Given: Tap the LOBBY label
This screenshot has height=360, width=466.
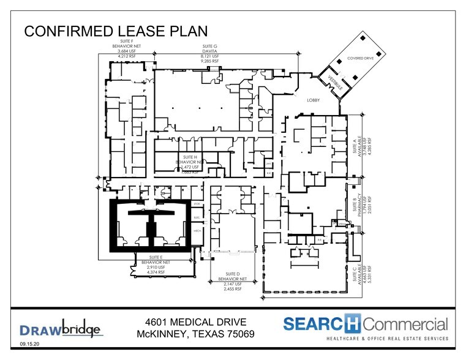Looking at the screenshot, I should (306, 99).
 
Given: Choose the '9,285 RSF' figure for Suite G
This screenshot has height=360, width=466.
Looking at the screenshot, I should (210, 61).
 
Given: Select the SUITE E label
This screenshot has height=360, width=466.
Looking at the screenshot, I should (156, 257).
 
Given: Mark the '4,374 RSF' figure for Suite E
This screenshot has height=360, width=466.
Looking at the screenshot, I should (156, 272).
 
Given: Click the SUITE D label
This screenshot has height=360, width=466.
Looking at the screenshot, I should (232, 274).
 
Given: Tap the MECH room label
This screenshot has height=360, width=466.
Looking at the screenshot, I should (197, 231).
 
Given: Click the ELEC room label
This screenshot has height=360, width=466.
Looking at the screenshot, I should (197, 217).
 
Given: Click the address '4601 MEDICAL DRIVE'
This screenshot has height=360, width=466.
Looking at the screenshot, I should (196, 323).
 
